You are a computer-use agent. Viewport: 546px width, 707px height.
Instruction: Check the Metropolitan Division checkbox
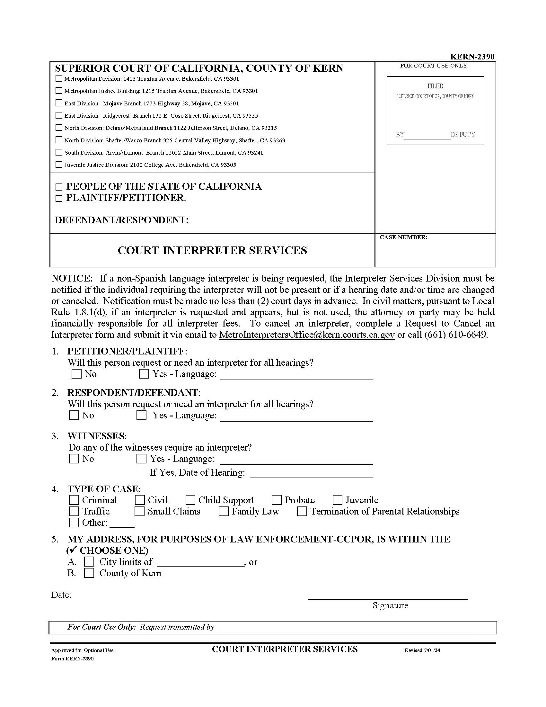point(59,78)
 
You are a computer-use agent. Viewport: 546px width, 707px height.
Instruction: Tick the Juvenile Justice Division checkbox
point(59,165)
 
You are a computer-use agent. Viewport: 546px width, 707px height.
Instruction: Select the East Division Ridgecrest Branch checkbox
point(59,115)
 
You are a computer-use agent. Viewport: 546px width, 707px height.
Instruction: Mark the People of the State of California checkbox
point(59,187)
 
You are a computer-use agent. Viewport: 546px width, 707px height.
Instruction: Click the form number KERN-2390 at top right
point(472,57)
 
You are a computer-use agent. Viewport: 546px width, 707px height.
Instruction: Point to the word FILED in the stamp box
point(435,86)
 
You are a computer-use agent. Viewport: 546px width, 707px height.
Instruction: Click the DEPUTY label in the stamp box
point(462,135)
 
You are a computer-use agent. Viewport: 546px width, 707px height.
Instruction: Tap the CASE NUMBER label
point(403,237)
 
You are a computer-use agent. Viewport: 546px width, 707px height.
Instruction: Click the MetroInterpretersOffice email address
point(306,335)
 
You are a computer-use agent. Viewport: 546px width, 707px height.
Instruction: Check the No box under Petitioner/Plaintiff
point(77,374)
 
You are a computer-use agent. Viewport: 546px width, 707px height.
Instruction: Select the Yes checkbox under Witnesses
point(141,459)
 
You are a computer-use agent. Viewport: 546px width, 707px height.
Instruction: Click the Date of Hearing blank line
point(312,473)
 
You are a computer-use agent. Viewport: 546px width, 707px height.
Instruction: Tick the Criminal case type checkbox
point(74,500)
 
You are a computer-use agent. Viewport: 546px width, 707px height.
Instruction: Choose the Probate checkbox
point(277,500)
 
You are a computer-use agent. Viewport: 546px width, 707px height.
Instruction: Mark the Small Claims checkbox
point(140,511)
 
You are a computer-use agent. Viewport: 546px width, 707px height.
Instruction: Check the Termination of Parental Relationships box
point(302,511)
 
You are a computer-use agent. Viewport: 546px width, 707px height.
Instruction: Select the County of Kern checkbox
point(89,573)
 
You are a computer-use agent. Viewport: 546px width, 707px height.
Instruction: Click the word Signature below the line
point(390,605)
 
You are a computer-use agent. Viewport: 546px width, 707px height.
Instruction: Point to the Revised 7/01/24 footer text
point(422,650)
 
